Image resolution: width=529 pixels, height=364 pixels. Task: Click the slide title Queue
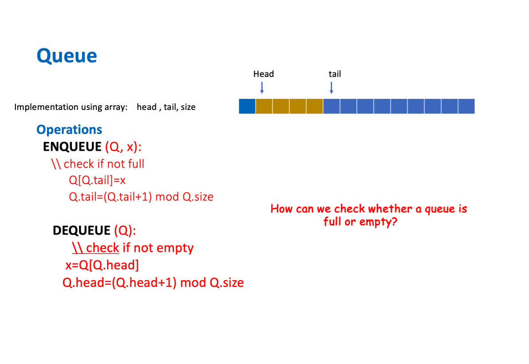67,56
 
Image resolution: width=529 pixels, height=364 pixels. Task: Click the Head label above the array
264,74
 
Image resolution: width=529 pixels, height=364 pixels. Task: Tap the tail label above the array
335,74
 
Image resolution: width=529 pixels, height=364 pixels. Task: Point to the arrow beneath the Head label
262,87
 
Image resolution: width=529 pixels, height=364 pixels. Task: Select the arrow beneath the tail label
332,87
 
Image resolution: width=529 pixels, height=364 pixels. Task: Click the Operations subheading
69,130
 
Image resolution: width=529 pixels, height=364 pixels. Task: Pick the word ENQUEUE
72,147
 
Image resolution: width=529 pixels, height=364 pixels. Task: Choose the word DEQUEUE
81,231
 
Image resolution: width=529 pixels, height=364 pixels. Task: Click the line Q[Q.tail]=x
98,180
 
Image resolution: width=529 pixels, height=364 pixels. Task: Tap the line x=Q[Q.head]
102,265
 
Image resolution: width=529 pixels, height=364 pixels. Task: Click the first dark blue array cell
247,106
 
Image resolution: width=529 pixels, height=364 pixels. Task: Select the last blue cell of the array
466,106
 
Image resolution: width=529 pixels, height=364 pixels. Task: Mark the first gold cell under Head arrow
264,106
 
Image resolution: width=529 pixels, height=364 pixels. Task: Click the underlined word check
103,247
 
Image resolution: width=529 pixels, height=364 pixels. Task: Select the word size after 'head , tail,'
188,107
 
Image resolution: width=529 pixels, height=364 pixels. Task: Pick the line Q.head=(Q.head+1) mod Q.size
153,282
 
